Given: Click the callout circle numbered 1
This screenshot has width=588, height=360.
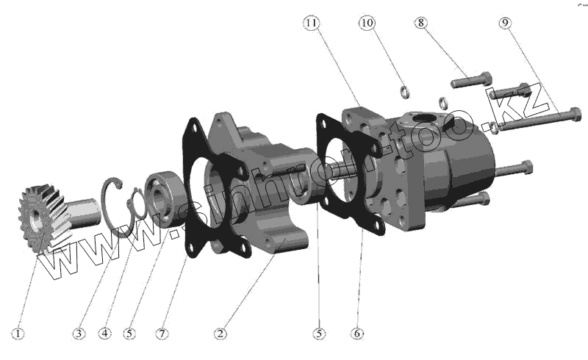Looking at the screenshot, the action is tap(18, 334).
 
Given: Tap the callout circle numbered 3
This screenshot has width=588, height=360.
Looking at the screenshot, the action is tap(79, 334).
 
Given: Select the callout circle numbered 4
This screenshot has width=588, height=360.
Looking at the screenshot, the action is tap(105, 334).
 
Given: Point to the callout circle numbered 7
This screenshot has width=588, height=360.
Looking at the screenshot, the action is tap(162, 334).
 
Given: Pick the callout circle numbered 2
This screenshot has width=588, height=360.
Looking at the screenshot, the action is tap(219, 334).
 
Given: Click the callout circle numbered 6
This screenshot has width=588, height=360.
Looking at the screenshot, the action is tap(357, 334).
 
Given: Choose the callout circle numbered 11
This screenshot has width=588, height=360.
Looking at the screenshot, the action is tap(312, 24).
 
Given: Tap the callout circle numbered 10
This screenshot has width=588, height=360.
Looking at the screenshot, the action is tap(367, 24).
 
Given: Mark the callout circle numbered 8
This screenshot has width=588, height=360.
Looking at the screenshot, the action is tap(421, 24).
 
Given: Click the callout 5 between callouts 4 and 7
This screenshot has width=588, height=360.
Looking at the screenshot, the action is tap(129, 334).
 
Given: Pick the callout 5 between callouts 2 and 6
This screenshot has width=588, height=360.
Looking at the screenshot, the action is tap(318, 334).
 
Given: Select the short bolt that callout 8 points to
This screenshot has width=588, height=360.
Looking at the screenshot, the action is tap(471, 79).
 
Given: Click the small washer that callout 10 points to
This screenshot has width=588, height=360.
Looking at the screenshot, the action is tap(404, 91).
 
